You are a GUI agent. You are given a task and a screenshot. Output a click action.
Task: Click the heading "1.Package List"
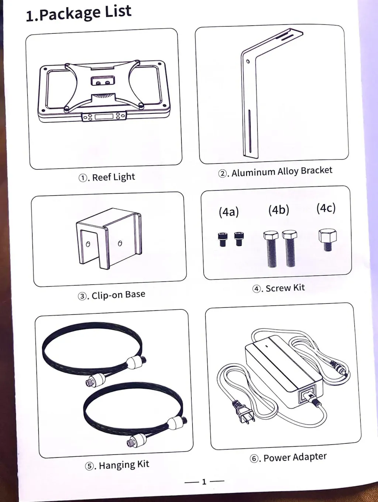pyautogui.click(x=79, y=13)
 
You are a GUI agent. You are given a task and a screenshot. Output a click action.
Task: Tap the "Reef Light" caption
pyautogui.click(x=113, y=177)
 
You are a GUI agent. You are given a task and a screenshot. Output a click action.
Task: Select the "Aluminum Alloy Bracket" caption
pyautogui.click(x=282, y=171)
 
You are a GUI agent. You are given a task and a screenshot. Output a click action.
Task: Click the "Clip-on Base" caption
pyautogui.click(x=118, y=294)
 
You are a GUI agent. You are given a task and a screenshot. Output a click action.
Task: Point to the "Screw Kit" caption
pyautogui.click(x=285, y=288)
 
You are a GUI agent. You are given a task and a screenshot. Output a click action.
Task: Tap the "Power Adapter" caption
pyautogui.click(x=295, y=457)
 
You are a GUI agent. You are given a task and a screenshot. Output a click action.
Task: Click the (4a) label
pyautogui.click(x=228, y=212)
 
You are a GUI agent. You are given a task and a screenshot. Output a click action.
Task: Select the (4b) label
pyautogui.click(x=279, y=210)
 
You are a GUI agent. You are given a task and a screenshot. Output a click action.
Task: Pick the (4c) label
pyautogui.click(x=326, y=208)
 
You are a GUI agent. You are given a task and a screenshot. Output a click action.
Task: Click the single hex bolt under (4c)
pyautogui.click(x=328, y=240)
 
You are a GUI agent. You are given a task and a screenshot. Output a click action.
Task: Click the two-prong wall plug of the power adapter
pyautogui.click(x=243, y=411)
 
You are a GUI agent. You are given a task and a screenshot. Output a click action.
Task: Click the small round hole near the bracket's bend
pyautogui.click(x=248, y=62)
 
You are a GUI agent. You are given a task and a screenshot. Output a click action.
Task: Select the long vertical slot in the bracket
pyautogui.click(x=249, y=131)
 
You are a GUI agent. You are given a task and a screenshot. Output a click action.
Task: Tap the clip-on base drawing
pyautogui.click(x=109, y=238)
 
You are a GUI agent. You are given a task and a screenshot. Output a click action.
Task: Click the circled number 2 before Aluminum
pyautogui.click(x=222, y=174)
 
